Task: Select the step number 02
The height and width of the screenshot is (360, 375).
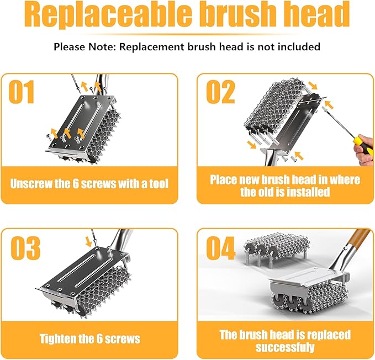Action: click(x=220, y=92)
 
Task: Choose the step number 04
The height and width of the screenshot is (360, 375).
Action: click(x=221, y=249)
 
